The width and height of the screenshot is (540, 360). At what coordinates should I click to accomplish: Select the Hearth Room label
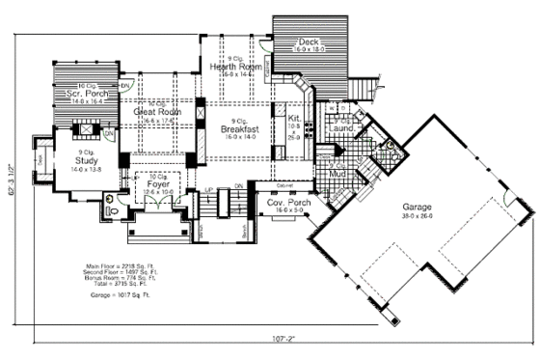231,65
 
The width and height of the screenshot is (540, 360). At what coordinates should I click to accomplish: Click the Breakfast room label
237,127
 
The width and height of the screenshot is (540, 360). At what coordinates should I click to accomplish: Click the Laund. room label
342,126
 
